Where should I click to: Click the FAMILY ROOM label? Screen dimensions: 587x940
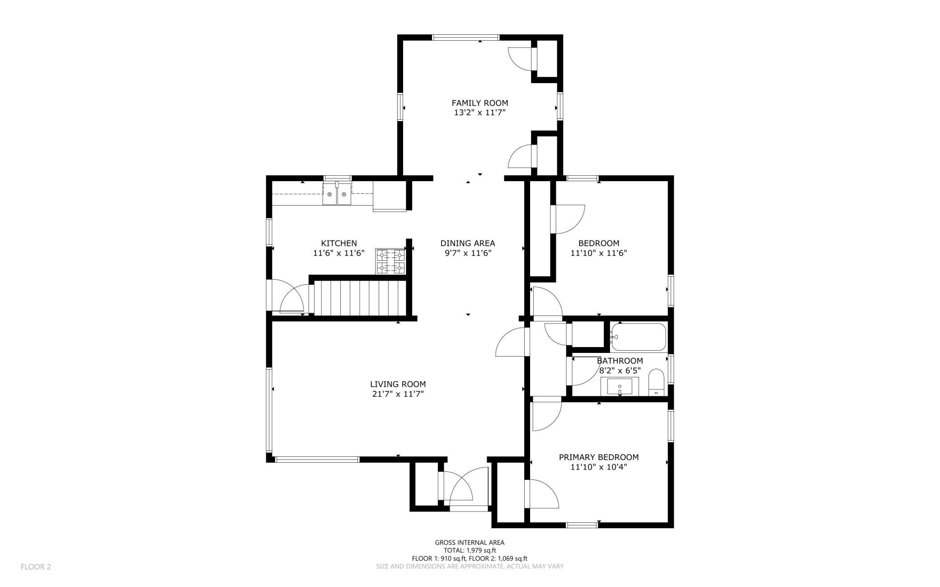coord(479,103)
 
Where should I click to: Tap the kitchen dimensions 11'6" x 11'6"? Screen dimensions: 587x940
coord(338,253)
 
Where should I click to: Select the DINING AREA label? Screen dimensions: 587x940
coord(468,243)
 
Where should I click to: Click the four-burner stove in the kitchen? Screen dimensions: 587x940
coord(391,261)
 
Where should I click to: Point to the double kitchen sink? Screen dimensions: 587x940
coord(337,194)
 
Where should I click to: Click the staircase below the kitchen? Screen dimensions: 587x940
coord(360,298)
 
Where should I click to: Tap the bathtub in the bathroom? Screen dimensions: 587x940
coord(638,337)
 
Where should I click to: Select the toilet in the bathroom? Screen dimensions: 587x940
coord(656,382)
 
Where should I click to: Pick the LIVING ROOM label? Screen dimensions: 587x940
coord(398,384)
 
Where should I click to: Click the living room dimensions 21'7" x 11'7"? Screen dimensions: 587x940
coord(397,394)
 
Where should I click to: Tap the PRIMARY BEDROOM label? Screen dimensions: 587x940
coord(598,457)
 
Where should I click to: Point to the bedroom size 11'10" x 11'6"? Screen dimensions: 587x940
coord(598,253)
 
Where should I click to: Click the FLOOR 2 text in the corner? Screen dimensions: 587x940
coord(36,567)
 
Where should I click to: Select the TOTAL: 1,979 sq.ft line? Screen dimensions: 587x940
coord(470,550)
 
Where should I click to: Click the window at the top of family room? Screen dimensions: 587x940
coord(466,38)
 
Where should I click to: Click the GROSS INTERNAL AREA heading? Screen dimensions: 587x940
coord(470,542)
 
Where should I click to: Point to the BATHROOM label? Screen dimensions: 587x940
coord(620,361)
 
